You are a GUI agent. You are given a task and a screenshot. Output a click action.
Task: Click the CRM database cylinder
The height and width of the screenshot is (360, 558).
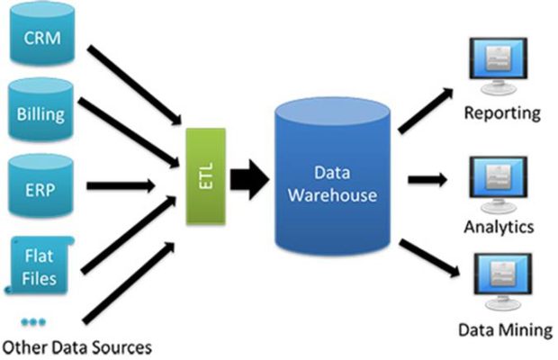[x=42, y=34]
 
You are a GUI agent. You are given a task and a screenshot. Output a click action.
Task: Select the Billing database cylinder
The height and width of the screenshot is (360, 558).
[x=40, y=110]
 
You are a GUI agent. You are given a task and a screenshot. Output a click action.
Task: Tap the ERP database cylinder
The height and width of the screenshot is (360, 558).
[x=40, y=185]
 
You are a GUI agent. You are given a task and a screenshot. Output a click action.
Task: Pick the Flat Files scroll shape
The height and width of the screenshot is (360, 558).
[x=39, y=265]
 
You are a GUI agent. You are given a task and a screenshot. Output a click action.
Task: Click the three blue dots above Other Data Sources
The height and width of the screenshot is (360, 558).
[x=33, y=322]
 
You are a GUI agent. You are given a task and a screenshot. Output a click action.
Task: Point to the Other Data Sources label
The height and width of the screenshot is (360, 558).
[x=77, y=347]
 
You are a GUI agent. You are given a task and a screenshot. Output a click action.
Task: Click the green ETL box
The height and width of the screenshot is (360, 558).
[x=206, y=176]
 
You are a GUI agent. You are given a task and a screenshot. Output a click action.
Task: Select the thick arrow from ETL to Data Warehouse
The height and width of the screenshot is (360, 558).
[x=249, y=180]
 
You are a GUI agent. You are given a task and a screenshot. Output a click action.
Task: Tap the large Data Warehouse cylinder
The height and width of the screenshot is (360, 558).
[x=332, y=176]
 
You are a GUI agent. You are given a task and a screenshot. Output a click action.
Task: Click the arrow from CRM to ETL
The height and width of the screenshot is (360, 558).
[x=134, y=85]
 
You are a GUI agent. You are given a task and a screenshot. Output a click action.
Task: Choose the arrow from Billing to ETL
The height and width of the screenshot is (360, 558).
[x=129, y=132]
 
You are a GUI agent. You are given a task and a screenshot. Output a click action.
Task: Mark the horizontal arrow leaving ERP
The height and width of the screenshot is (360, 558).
[x=121, y=185]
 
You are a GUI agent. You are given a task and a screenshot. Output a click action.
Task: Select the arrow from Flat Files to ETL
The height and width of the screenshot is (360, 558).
[x=129, y=234]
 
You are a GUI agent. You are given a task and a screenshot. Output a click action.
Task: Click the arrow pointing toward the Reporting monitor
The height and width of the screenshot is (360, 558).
[x=426, y=111]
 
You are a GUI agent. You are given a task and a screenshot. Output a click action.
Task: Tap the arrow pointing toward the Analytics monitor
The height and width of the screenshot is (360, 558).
[x=427, y=179]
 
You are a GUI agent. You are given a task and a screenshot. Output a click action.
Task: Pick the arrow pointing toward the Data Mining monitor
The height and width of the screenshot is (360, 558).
[x=429, y=258]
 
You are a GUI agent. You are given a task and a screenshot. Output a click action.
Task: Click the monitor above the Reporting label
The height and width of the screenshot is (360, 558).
[x=499, y=67]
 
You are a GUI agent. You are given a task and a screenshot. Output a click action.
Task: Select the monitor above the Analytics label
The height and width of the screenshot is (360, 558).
[x=499, y=185]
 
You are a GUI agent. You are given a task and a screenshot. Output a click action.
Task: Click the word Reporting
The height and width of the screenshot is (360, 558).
[x=502, y=113]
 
